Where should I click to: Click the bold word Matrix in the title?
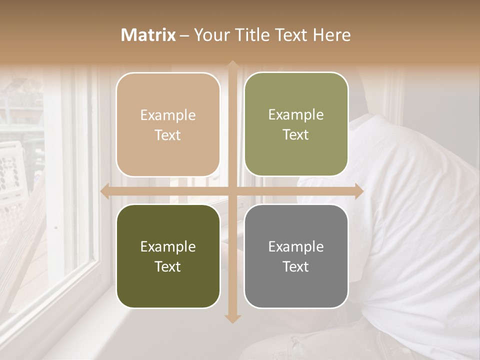(x=148, y=35)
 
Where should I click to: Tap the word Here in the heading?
(x=331, y=35)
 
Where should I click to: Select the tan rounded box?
(x=168, y=124)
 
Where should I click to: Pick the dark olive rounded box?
(x=168, y=256)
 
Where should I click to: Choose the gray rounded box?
(x=296, y=256)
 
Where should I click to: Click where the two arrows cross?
(x=232, y=191)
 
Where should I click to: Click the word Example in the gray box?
(x=296, y=246)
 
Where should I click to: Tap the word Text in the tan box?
(x=168, y=135)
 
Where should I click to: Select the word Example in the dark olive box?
(x=168, y=246)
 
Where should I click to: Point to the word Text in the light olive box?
(x=296, y=134)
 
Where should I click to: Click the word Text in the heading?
(x=291, y=35)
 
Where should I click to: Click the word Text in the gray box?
(x=296, y=266)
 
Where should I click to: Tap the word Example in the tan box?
(x=168, y=115)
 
